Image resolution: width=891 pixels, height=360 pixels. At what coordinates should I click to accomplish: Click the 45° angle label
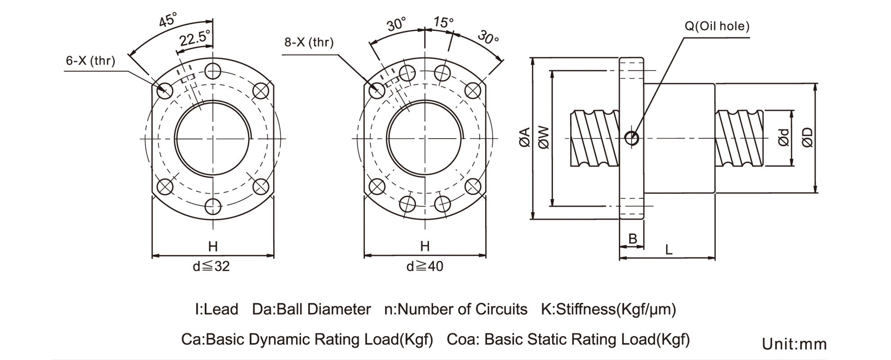[168, 20]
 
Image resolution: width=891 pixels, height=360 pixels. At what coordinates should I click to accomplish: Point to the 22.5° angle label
[195, 38]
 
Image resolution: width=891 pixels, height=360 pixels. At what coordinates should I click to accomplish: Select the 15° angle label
[443, 22]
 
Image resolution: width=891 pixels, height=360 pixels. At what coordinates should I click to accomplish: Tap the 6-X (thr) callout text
[90, 61]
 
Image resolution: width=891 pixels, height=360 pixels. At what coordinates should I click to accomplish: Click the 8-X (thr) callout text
[309, 42]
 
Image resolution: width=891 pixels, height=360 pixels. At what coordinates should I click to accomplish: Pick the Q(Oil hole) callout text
[717, 26]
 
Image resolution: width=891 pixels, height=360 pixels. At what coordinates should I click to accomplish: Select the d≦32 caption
[211, 266]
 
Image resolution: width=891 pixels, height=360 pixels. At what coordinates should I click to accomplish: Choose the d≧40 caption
[425, 266]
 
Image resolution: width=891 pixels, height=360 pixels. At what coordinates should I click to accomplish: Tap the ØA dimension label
[525, 137]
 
